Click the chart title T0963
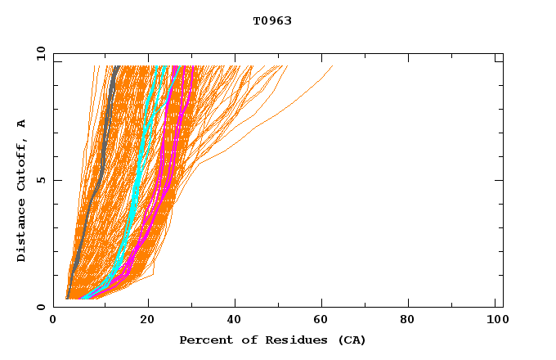[272, 20]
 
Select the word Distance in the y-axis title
[22, 232]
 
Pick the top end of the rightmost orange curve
[333, 66]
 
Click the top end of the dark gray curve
[117, 66]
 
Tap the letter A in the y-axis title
[22, 124]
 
